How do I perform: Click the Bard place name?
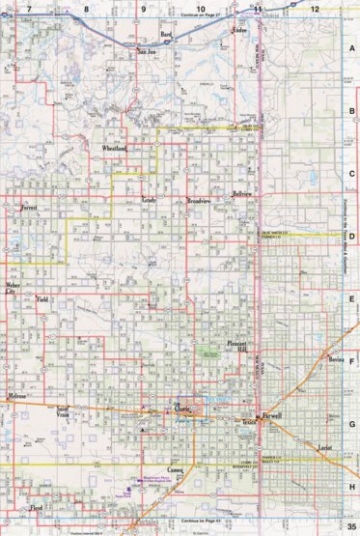[167, 35]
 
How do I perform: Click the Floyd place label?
[37, 508]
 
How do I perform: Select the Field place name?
[42, 300]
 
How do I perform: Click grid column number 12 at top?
[315, 7]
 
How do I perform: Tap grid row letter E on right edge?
[352, 299]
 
